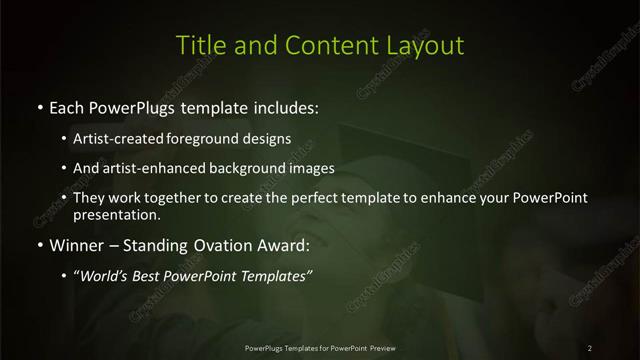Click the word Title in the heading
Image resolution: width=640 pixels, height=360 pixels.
point(200,45)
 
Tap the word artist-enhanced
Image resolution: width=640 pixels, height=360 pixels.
point(145,168)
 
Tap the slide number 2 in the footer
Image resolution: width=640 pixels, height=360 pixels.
point(590,348)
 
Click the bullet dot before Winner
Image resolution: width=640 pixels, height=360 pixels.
point(38,245)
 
